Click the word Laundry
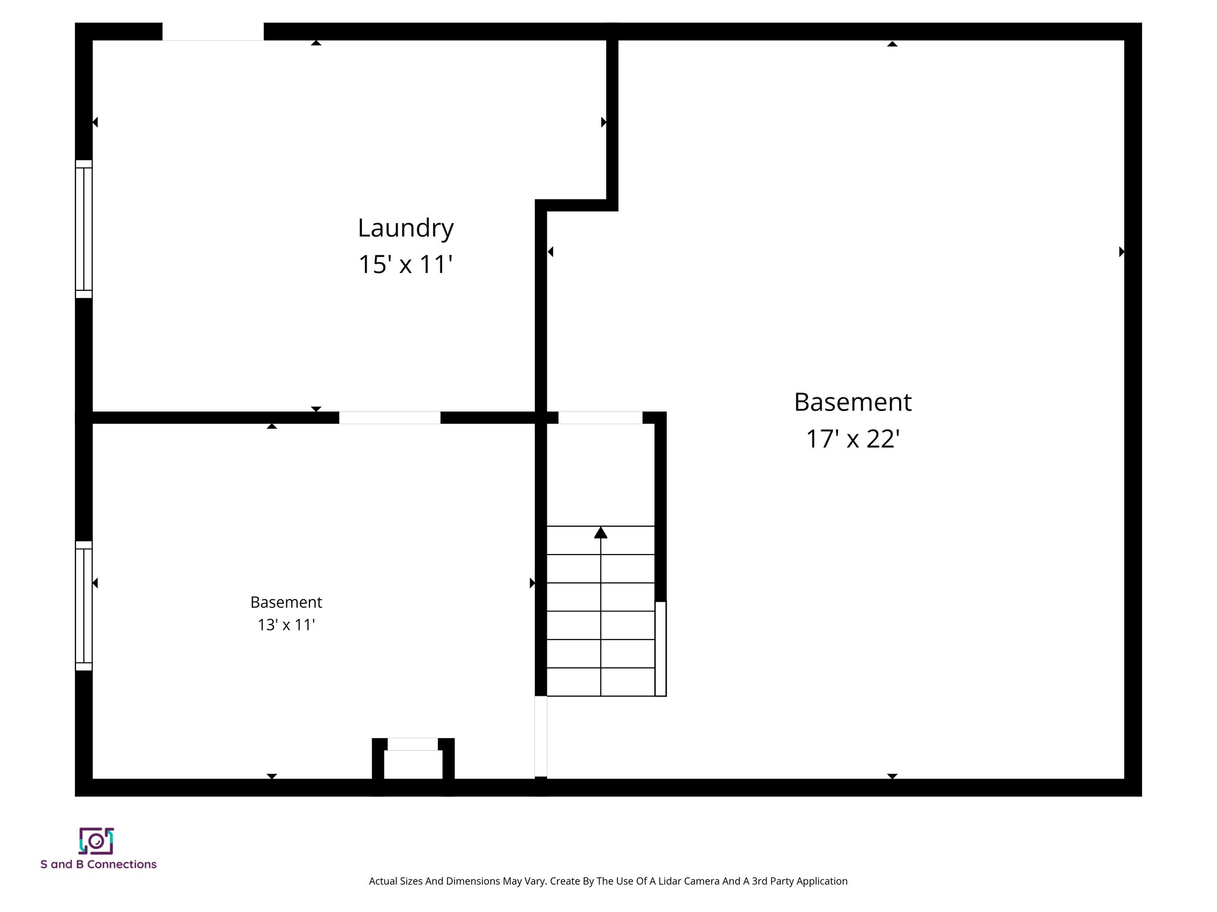(405, 229)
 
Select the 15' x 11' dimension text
(405, 265)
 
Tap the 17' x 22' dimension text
(852, 439)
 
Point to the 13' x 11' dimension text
(286, 625)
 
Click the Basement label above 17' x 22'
(852, 403)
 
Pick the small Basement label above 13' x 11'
(286, 602)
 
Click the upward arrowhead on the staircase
(601, 533)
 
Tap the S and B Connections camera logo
(96, 841)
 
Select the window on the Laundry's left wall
(84, 229)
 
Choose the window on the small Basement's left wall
(84, 606)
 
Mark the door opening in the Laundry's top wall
(213, 32)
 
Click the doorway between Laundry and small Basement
(390, 417)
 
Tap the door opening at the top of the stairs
(600, 417)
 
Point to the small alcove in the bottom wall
(413, 763)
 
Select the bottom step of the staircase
(600, 682)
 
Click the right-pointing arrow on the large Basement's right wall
(1121, 252)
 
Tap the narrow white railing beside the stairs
(660, 648)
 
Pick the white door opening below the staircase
(541, 736)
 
